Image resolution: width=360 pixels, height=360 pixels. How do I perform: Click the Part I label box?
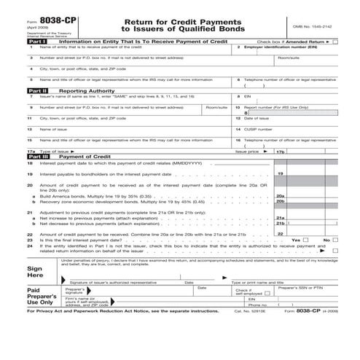[36, 42]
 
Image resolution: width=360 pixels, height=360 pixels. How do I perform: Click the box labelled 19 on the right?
[281, 175]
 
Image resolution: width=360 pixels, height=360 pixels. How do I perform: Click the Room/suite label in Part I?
[289, 56]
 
